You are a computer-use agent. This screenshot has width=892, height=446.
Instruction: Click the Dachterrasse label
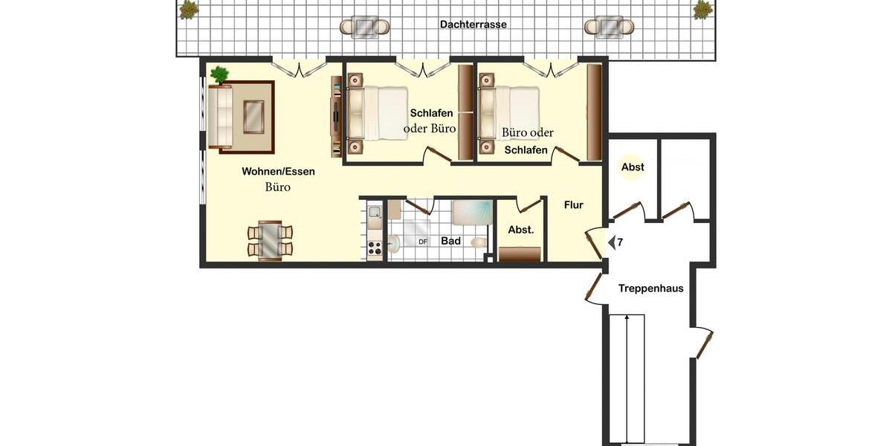pyautogui.click(x=473, y=25)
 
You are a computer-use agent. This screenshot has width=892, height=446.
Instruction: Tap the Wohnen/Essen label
pyautogui.click(x=278, y=172)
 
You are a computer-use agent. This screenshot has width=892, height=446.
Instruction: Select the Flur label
pyautogui.click(x=573, y=205)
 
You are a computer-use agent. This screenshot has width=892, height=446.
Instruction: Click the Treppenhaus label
pyautogui.click(x=650, y=288)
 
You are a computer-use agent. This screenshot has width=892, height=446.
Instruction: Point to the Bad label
pyautogui.click(x=450, y=242)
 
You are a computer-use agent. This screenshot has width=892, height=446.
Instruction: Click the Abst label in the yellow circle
pyautogui.click(x=633, y=167)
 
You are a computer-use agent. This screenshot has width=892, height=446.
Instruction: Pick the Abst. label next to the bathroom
pyautogui.click(x=520, y=230)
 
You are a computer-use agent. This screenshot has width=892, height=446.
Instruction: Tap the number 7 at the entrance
pyautogui.click(x=620, y=242)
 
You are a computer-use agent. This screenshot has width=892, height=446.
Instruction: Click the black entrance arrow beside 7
pyautogui.click(x=611, y=242)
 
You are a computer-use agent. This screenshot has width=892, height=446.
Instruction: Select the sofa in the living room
pyautogui.click(x=219, y=117)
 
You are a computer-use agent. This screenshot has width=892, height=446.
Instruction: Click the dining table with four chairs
pyautogui.click(x=270, y=240)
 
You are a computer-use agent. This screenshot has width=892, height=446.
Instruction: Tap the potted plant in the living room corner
pyautogui.click(x=219, y=74)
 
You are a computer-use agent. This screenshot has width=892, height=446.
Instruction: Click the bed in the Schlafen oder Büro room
pyautogui.click(x=379, y=113)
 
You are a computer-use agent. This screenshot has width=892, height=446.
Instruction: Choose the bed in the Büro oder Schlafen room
pyautogui.click(x=510, y=112)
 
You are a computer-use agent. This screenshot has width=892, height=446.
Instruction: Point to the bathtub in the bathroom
pyautogui.click(x=471, y=212)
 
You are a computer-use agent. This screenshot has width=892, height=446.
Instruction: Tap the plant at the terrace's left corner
pyautogui.click(x=189, y=10)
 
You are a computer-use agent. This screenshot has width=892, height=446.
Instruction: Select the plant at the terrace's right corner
pyautogui.click(x=702, y=10)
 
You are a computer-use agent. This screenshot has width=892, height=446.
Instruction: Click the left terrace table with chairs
pyautogui.click(x=364, y=28)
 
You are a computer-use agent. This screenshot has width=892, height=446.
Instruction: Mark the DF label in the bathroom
pyautogui.click(x=423, y=242)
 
